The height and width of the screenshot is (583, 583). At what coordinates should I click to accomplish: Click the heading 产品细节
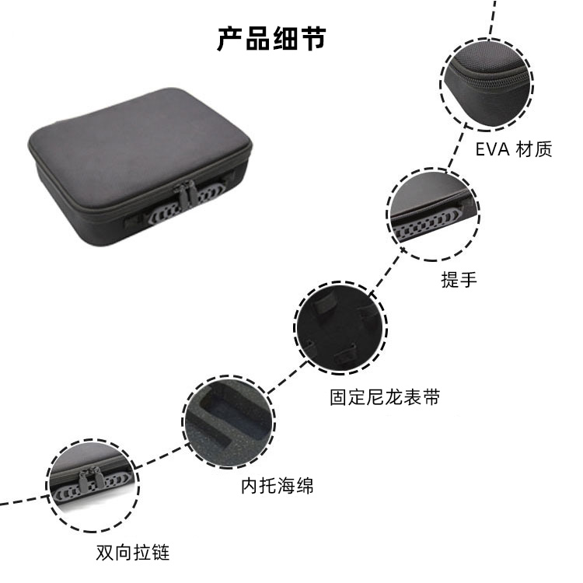coord(272,39)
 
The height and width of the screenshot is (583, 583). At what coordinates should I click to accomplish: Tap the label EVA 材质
coord(514,149)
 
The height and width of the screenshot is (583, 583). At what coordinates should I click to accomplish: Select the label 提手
coord(459,279)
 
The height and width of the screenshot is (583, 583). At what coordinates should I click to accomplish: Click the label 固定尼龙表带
coord(385,397)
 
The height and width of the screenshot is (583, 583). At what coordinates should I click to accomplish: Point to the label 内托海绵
coord(278,486)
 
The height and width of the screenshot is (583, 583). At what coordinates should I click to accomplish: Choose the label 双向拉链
coord(133,553)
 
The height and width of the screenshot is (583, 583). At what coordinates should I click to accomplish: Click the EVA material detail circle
coord(487,85)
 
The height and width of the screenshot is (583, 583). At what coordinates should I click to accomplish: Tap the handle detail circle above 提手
coord(433,215)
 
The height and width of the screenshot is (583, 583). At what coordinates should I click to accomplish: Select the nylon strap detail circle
coord(340,327)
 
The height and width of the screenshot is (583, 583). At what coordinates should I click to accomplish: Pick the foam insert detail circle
coord(229,422)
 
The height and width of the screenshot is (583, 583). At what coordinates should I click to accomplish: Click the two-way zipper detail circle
coord(93,486)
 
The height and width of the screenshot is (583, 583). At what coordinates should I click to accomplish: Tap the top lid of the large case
coord(139,147)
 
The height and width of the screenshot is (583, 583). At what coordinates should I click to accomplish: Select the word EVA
coord(492,149)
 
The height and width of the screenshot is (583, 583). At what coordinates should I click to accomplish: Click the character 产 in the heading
coord(230,39)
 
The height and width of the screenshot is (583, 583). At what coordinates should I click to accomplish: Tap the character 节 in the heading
coord(313,39)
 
